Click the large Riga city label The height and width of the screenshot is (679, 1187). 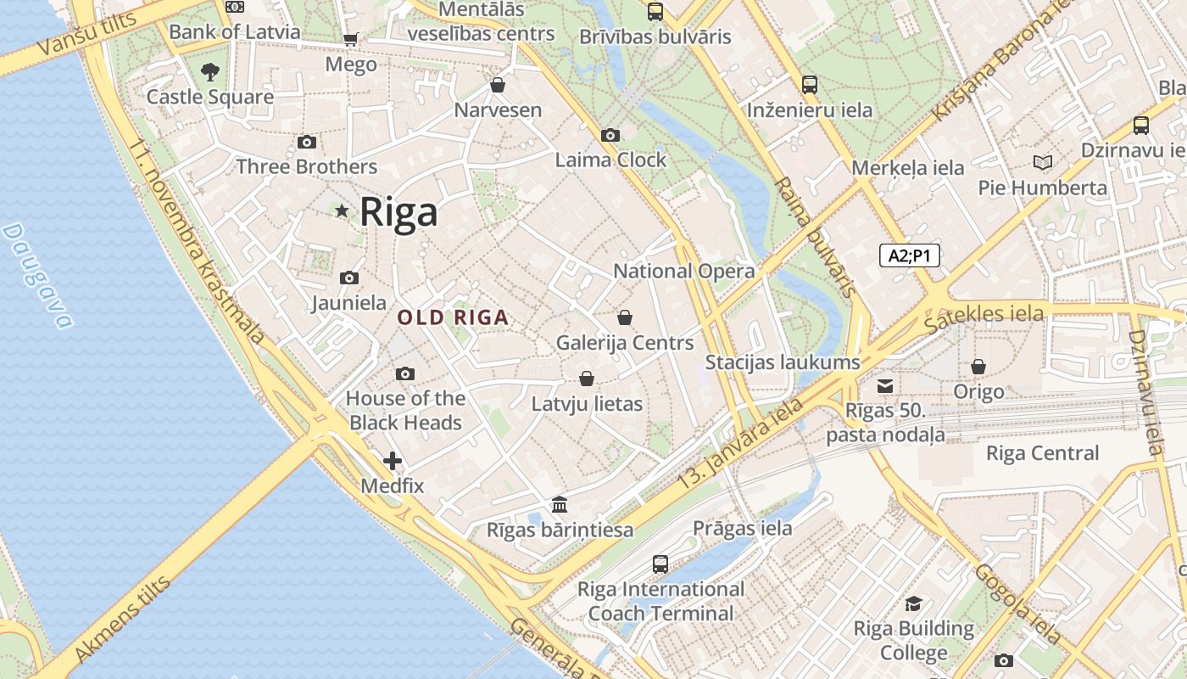pyautogui.click(x=398, y=212)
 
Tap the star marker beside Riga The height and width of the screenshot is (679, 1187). pyautogui.click(x=342, y=210)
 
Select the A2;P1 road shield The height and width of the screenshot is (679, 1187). pyautogui.click(x=910, y=255)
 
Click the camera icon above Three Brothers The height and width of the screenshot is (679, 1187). pyautogui.click(x=307, y=143)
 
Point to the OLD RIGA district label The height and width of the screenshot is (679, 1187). pyautogui.click(x=453, y=318)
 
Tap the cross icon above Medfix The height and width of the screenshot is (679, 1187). pyautogui.click(x=393, y=461)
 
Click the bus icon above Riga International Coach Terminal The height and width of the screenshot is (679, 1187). pyautogui.click(x=660, y=564)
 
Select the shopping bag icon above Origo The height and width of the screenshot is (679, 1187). pyautogui.click(x=978, y=367)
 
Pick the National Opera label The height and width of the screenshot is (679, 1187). pyautogui.click(x=683, y=272)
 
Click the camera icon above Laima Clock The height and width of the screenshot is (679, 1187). pyautogui.click(x=610, y=136)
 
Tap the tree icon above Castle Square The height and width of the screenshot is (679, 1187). pyautogui.click(x=209, y=72)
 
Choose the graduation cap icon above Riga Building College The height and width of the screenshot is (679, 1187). pyautogui.click(x=913, y=603)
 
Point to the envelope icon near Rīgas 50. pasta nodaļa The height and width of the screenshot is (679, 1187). pyautogui.click(x=885, y=386)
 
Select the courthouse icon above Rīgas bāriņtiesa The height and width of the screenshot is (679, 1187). pyautogui.click(x=560, y=505)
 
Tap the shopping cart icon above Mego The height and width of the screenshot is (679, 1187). pyautogui.click(x=350, y=39)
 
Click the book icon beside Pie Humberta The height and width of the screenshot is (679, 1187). pyautogui.click(x=1042, y=162)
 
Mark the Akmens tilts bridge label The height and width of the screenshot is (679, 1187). pyautogui.click(x=123, y=620)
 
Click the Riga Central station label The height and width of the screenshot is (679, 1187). pyautogui.click(x=1042, y=453)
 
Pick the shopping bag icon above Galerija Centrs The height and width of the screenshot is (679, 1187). pyautogui.click(x=625, y=317)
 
